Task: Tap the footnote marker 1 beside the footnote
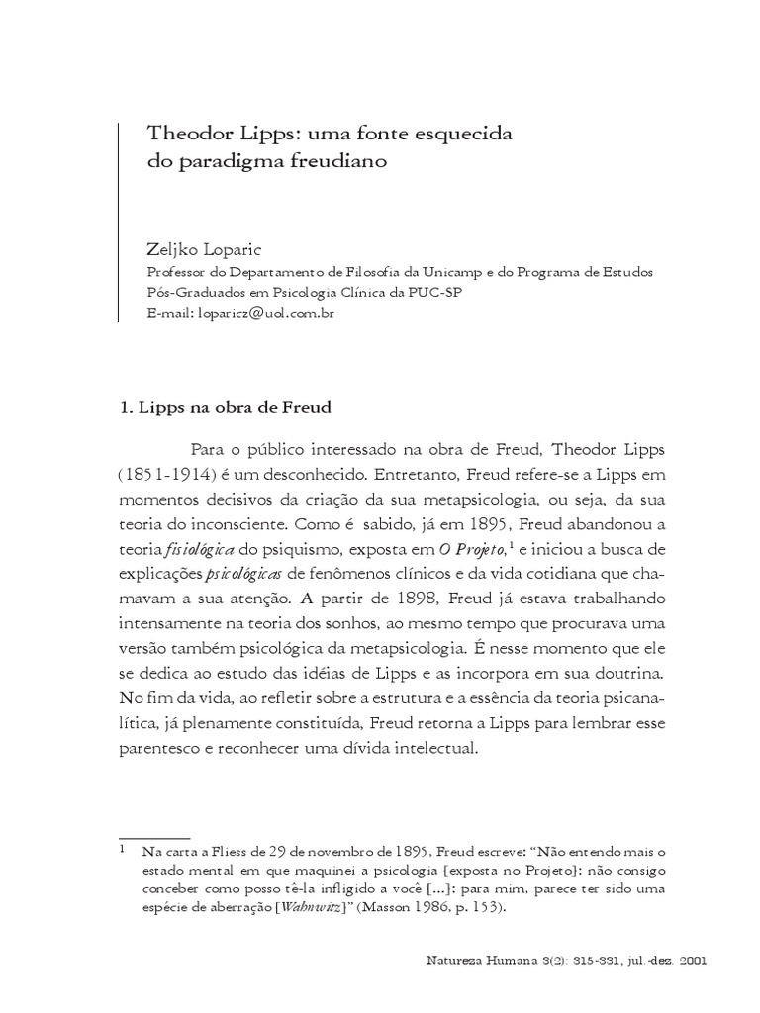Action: tap(122, 848)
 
